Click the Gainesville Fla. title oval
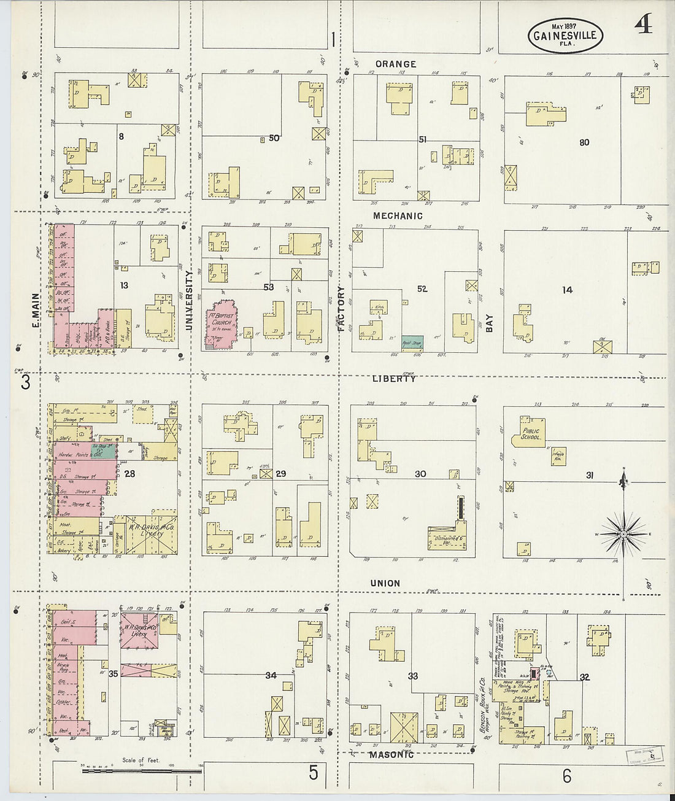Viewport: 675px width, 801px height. [565, 35]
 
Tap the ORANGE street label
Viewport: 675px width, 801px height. [396, 64]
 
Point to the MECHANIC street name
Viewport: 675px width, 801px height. [398, 216]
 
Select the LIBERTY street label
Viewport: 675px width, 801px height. [394, 379]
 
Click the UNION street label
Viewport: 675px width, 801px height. [385, 583]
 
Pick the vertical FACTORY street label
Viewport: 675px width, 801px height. [341, 309]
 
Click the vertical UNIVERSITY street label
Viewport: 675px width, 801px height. [190, 301]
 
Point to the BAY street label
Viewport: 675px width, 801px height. [490, 323]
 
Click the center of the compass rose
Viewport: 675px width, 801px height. [624, 535]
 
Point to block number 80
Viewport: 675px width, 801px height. [584, 142]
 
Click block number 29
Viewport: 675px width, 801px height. [280, 474]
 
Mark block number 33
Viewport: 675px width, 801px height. [412, 676]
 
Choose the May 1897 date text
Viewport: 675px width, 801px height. [565, 26]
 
